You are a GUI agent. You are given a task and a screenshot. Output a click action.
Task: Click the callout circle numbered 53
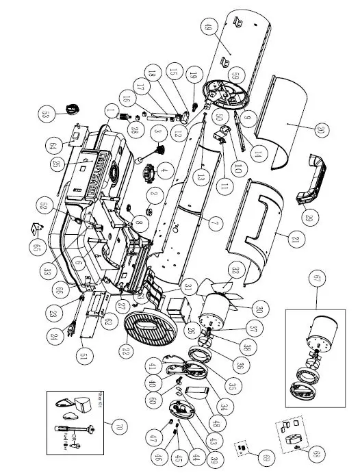pyautogui.click(x=47, y=114)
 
